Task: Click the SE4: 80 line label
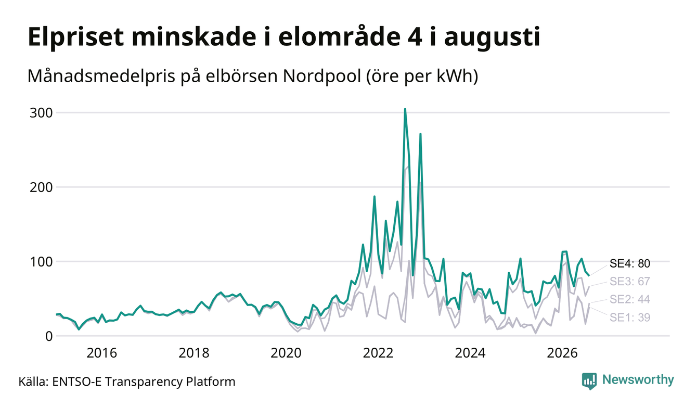tap(629, 264)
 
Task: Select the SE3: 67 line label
tap(629, 282)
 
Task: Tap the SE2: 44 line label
tap(629, 299)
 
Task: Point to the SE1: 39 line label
tap(629, 318)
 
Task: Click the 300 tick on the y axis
tap(41, 113)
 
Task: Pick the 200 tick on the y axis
tap(41, 187)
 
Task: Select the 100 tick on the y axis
tap(41, 262)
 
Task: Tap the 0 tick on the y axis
tap(49, 336)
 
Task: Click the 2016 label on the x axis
tap(102, 353)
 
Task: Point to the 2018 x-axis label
tap(194, 353)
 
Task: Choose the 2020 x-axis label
tap(286, 353)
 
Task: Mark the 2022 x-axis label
tap(378, 353)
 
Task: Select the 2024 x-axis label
tap(470, 353)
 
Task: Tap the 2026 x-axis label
tap(562, 353)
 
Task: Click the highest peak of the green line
tap(405, 109)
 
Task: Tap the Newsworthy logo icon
tap(589, 381)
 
